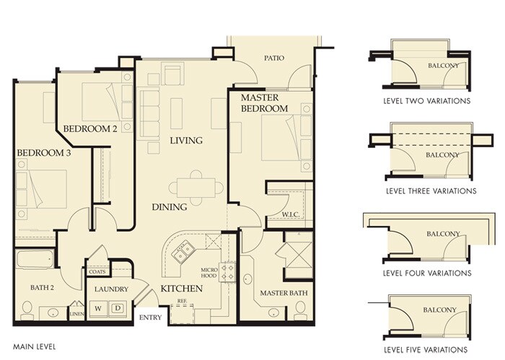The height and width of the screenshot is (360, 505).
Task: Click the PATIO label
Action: point(274,58)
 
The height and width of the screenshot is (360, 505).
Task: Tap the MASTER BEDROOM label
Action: point(265,103)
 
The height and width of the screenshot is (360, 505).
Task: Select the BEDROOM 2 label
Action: point(90,129)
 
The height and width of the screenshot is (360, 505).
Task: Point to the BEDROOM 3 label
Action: point(44,153)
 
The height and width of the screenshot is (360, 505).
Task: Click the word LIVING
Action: point(186,141)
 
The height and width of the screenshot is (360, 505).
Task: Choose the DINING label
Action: point(170,207)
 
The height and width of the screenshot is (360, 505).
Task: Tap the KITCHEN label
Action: point(182,289)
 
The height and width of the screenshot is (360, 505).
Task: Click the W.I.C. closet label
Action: point(291,214)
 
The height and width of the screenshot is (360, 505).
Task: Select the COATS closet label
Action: point(97,272)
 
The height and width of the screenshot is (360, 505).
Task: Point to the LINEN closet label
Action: point(77,314)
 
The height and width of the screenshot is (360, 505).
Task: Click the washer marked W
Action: point(98,309)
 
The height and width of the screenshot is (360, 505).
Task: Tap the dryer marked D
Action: point(118,309)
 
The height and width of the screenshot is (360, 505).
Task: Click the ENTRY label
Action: point(150,317)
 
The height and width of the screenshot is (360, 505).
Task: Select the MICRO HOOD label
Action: point(209,273)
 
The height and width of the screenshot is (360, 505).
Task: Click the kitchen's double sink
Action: point(183,250)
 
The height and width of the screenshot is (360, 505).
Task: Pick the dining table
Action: point(196,188)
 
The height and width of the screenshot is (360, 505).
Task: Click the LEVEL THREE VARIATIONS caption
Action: point(431,191)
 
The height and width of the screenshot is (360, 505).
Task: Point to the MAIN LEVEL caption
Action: point(34,347)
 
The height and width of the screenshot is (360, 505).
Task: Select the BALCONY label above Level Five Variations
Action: point(439,309)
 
